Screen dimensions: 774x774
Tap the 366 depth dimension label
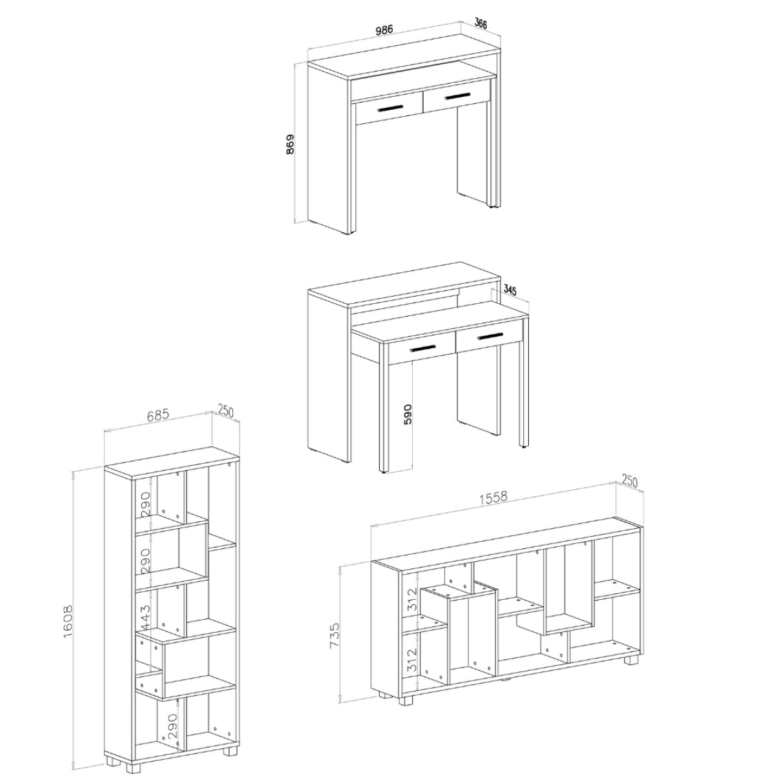[481, 23]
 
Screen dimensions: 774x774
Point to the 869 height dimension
[290, 144]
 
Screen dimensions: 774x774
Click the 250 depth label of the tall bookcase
[225, 410]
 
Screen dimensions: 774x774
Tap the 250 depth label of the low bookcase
[630, 481]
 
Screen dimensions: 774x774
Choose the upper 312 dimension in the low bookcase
[412, 610]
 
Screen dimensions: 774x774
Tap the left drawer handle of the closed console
[390, 108]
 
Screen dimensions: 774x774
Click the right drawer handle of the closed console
[457, 96]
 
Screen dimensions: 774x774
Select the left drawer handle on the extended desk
[422, 348]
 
